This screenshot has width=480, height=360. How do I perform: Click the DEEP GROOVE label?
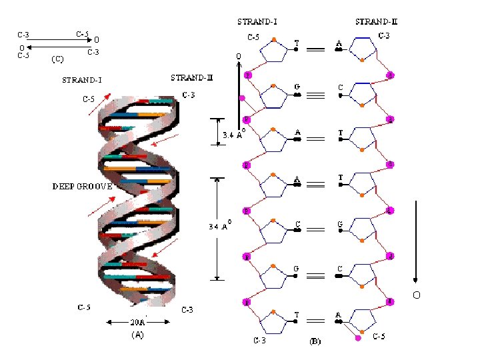83,187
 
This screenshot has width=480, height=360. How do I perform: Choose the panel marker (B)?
316,342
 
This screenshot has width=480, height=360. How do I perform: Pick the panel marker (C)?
58,59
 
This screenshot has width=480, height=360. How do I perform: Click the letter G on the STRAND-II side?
340,225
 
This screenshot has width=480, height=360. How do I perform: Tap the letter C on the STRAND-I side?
298,224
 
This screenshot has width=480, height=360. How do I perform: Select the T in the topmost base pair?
297,44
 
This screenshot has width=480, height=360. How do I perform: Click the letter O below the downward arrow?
417,295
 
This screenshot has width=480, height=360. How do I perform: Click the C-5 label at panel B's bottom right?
379,337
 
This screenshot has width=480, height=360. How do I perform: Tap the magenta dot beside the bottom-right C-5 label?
359,339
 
